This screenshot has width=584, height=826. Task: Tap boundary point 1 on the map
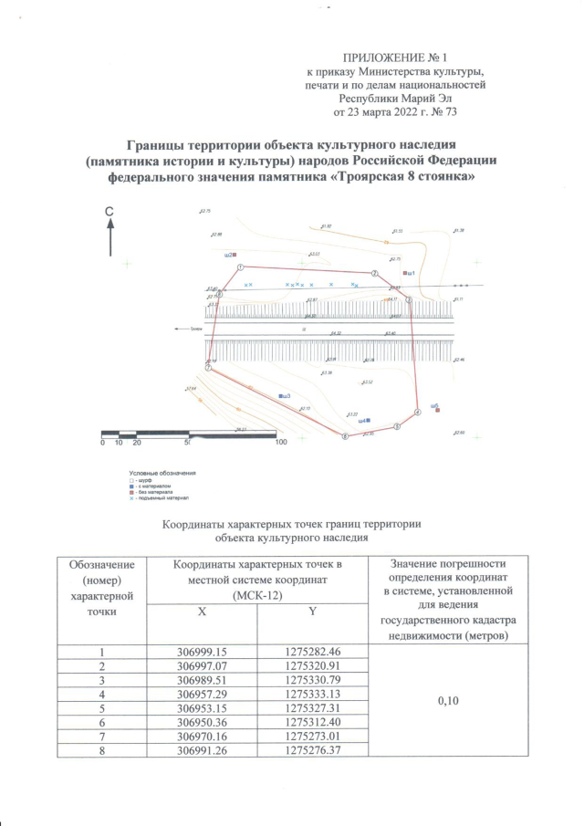pyautogui.click(x=239, y=267)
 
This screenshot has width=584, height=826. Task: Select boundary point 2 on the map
pyautogui.click(x=373, y=274)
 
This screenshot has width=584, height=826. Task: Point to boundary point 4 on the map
pyautogui.click(x=417, y=413)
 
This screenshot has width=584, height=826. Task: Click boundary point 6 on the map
pyautogui.click(x=344, y=437)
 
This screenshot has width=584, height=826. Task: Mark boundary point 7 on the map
pyautogui.click(x=208, y=368)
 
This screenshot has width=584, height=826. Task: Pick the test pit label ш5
pyautogui.click(x=435, y=404)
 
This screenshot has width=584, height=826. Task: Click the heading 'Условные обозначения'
pyautogui.click(x=162, y=472)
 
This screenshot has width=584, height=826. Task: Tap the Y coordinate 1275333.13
pyautogui.click(x=310, y=693)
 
